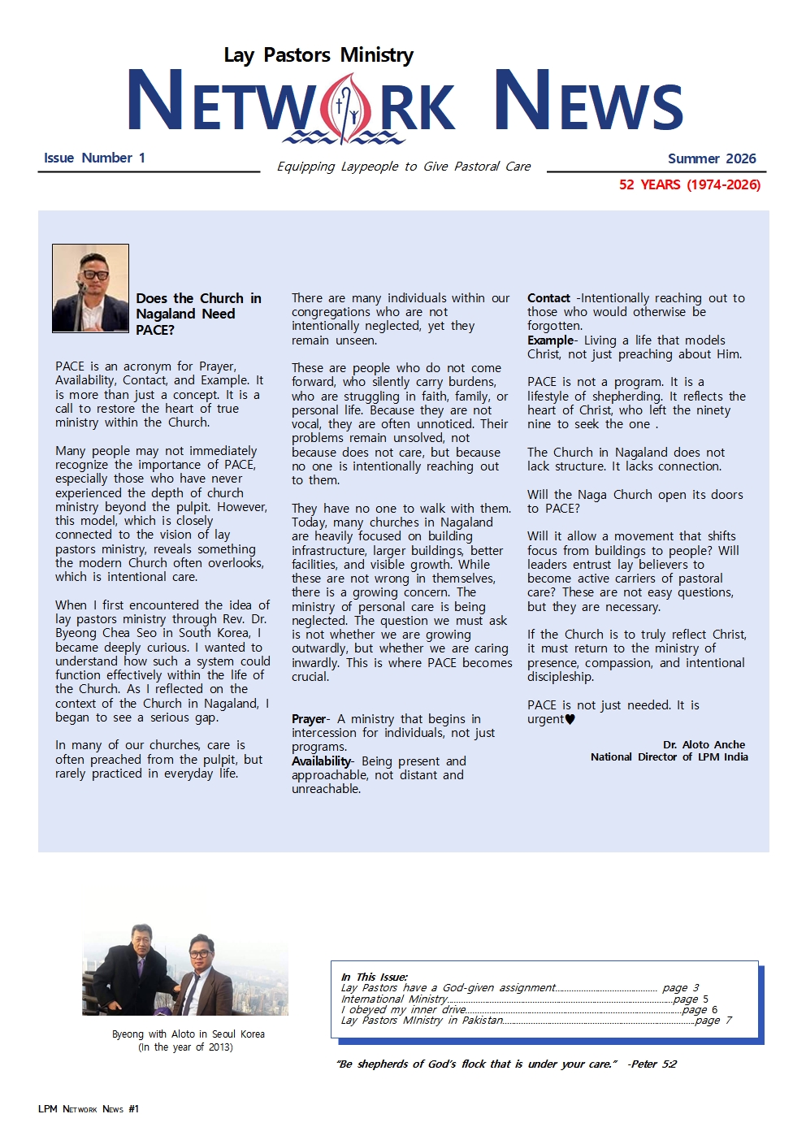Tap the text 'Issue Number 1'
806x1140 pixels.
click(94, 158)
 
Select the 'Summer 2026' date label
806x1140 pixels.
click(711, 158)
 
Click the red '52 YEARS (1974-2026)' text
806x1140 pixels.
click(689, 184)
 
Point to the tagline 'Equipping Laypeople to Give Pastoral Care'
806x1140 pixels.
click(403, 167)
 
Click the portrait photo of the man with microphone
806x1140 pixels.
click(90, 288)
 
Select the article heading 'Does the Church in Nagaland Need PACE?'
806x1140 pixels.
click(197, 314)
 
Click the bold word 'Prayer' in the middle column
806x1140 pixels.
click(309, 719)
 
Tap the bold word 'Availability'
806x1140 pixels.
click(321, 761)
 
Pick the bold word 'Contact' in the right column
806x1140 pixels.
click(548, 298)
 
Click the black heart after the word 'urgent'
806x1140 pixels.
click(570, 719)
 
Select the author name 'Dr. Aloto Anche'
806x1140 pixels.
click(704, 744)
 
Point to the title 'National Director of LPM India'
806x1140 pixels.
click(669, 756)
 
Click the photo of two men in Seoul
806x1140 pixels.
click(185, 969)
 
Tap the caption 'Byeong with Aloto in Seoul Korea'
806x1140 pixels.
click(188, 1034)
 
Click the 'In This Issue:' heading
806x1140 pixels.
click(374, 977)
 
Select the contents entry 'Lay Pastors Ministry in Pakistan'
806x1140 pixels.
click(422, 1021)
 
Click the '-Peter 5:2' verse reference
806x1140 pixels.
click(652, 1064)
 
